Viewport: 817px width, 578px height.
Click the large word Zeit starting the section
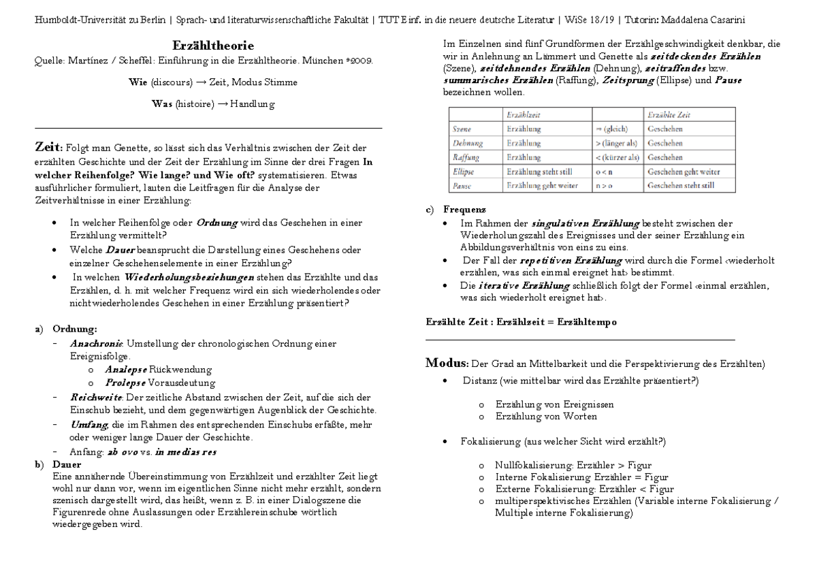(48, 147)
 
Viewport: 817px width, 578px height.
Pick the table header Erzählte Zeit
(669, 115)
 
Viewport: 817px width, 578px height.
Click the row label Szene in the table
(462, 129)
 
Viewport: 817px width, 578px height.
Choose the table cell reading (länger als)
(616, 143)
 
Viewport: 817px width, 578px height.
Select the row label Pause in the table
(462, 185)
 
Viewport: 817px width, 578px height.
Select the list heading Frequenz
(464, 209)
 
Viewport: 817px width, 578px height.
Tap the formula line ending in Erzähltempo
(521, 321)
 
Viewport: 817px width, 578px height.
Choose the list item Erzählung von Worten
(546, 416)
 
